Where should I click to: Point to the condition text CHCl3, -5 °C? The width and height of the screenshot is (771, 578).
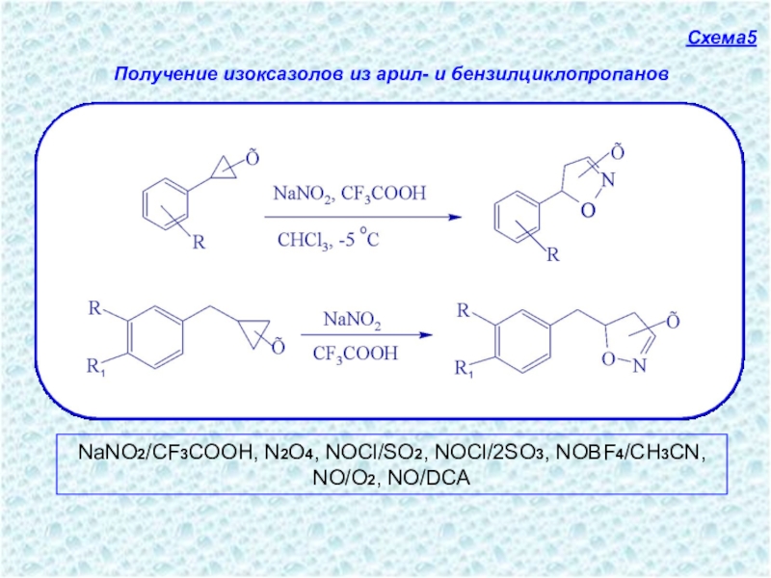[x=328, y=240]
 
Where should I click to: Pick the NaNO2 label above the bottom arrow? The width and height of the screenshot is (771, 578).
[x=352, y=319]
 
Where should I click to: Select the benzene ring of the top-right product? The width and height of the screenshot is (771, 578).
[x=513, y=214]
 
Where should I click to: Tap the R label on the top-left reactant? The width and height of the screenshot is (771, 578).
[x=199, y=243]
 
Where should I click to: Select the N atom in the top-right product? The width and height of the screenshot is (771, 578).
[x=606, y=180]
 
